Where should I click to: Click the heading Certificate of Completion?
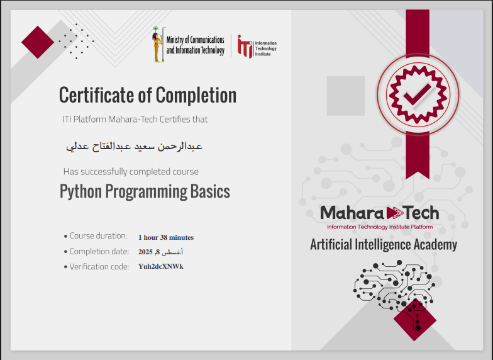(148, 96)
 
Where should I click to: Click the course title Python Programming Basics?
(145, 191)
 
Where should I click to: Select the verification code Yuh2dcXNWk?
(161, 266)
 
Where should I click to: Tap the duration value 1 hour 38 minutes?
(166, 237)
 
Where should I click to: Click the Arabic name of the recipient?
(135, 146)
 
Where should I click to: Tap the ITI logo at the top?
(245, 47)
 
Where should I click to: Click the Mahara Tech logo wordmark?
(379, 213)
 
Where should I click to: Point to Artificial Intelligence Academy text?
(384, 244)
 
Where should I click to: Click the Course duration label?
(98, 236)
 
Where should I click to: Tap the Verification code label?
(99, 266)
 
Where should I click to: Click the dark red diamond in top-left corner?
(38, 42)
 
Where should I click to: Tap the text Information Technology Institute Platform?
(380, 227)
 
